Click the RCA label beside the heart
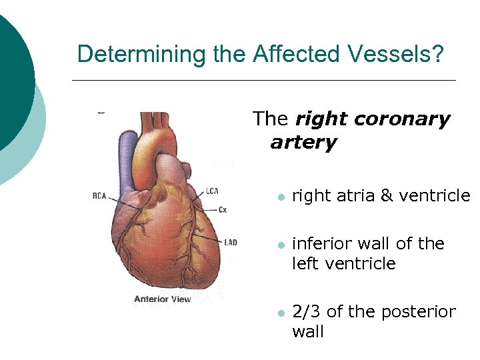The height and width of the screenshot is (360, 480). pos(99,195)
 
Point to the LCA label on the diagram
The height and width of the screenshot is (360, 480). pos(212,191)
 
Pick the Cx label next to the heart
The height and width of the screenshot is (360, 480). pos(223,210)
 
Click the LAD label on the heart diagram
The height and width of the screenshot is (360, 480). pos(230,242)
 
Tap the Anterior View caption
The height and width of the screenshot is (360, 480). pos(162,299)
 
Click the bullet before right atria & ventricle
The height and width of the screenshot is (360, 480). pos(281,197)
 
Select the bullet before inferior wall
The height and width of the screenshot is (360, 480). pos(281,245)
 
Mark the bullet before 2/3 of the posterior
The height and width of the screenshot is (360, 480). pos(281,313)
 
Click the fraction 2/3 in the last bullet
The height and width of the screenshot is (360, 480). pos(307,312)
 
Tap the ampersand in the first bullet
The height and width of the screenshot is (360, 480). pos(386,196)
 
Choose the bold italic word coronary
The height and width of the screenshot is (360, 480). pos(402,120)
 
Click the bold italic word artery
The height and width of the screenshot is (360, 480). pos(303,143)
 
